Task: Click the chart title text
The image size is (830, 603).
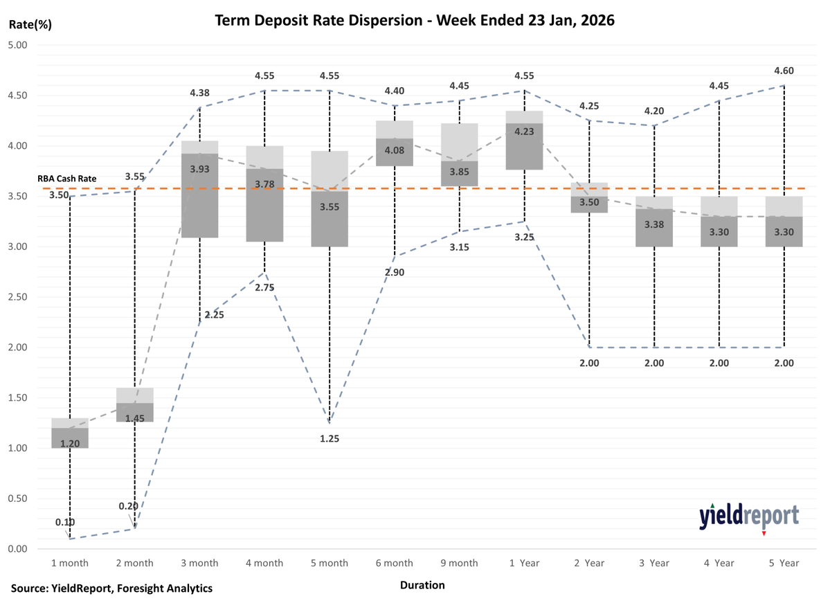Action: point(415,21)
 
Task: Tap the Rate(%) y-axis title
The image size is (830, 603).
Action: point(30,25)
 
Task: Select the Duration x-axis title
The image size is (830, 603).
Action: point(422,585)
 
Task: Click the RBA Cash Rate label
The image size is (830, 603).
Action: point(67,179)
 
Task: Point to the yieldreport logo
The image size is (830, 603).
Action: point(748,516)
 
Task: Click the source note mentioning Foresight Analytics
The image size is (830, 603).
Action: point(111,588)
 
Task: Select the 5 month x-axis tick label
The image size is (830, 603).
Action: point(329,563)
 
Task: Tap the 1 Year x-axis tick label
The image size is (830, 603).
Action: point(524,563)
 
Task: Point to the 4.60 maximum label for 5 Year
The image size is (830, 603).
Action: point(784,71)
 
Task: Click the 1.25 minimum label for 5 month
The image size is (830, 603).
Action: point(330,438)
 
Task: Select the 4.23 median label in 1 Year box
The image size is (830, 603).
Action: point(524,132)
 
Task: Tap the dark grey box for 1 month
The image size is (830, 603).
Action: point(70,438)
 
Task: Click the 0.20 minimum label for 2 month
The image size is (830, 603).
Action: point(128,506)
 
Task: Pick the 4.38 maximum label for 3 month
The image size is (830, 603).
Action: point(200,92)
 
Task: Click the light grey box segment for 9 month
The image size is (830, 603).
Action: point(460,142)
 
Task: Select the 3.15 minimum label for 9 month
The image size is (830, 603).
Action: point(459,247)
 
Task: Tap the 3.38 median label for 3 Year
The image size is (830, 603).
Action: point(654,224)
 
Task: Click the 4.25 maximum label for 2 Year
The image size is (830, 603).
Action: point(589,106)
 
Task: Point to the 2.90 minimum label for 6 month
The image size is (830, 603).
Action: point(394,272)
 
